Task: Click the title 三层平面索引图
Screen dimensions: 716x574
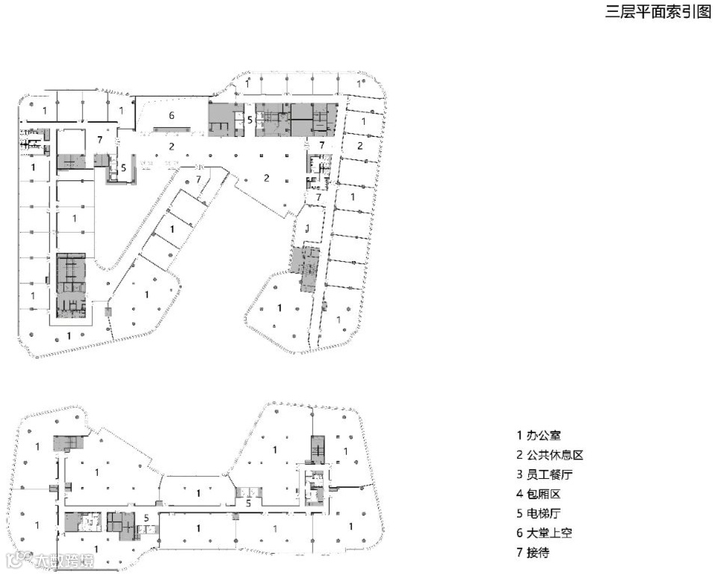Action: point(658,13)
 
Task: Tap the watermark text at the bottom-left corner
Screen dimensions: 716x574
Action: point(52,561)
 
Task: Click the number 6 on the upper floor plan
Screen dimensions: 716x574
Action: point(172,115)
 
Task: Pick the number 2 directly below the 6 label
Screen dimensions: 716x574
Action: point(171,146)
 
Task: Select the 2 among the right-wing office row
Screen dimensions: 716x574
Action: point(360,145)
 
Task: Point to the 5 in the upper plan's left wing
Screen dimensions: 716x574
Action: point(123,168)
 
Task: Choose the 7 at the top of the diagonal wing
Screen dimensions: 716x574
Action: point(198,180)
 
